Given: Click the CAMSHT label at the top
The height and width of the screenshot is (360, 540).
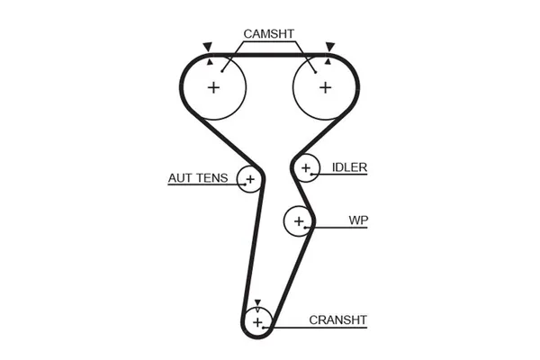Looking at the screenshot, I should [269, 34].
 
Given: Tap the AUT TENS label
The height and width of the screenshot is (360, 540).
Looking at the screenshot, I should [199, 177].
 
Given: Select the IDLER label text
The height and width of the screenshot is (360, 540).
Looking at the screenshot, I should [349, 167].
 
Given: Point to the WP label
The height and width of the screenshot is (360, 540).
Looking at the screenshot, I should [359, 220].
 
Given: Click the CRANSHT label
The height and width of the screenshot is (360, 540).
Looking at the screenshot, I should [337, 319].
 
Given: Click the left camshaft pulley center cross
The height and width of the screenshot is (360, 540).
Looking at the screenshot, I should [214, 87].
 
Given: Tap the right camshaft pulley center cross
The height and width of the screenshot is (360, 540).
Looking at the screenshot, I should [325, 87].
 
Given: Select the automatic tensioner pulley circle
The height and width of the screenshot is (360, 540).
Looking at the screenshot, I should [249, 180].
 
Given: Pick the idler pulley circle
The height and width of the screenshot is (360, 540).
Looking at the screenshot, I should [307, 167].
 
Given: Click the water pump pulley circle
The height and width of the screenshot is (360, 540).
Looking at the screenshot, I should [298, 220].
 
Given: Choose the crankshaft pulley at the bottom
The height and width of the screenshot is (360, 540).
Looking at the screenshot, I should [257, 321].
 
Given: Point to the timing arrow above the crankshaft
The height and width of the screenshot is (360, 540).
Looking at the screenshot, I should [257, 303].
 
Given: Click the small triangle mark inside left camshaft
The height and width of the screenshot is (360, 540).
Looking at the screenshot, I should [211, 63].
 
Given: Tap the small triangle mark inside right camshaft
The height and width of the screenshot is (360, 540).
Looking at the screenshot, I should [328, 63].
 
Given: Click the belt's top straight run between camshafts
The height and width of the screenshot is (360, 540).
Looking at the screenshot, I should [269, 55].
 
